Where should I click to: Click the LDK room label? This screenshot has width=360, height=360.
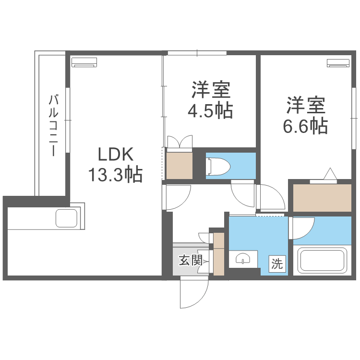pos(115,155)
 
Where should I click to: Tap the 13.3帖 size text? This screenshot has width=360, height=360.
pos(115,175)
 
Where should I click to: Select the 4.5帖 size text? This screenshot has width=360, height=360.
pos(211,111)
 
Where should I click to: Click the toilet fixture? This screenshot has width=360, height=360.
pos(218,166)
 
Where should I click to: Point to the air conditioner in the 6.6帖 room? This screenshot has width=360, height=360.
pos(338,63)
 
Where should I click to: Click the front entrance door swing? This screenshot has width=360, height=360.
pos(193,293)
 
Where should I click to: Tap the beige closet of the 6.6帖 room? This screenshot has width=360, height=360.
pos(322,197)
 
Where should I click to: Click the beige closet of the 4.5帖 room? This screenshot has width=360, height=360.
pos(179,165)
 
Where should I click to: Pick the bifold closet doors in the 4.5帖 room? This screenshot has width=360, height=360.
pos(180,142)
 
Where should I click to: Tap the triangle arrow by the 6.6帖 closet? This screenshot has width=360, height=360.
pos(330,174)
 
